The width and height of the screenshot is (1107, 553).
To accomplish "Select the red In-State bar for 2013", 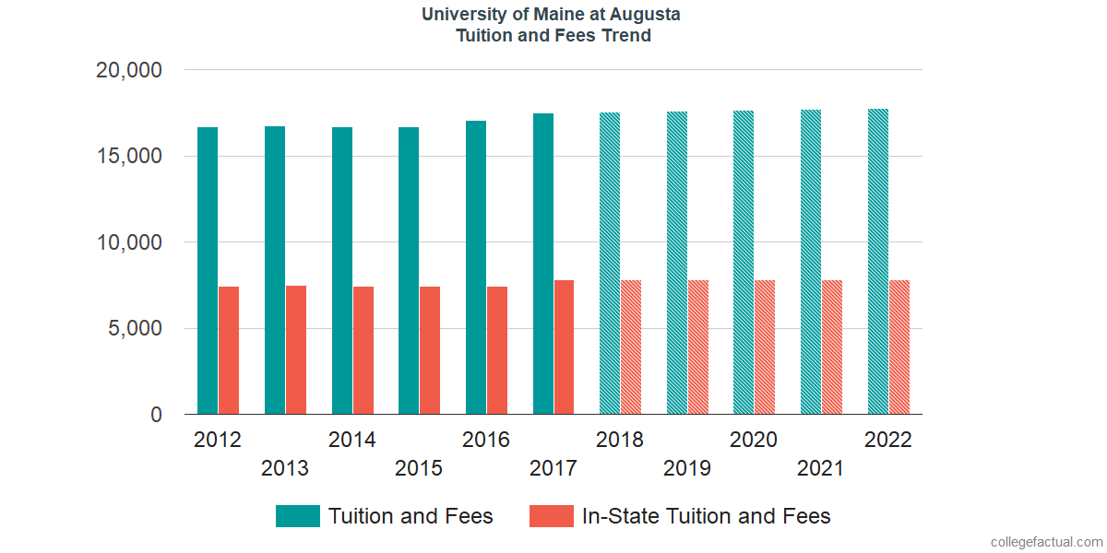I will (295, 350).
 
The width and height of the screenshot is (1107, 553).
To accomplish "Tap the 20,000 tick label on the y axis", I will (129, 70).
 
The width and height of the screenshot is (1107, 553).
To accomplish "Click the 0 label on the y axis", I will (156, 416).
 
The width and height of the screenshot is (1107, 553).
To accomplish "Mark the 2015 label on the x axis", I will (419, 469).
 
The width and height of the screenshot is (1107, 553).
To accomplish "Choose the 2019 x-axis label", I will (687, 469).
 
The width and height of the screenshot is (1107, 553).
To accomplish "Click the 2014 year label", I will (352, 441).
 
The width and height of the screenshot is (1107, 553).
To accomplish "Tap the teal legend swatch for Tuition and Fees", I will (298, 516).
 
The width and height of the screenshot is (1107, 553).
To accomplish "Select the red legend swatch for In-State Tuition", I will (551, 516).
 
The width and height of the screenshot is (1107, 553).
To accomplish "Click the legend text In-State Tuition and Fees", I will (706, 516).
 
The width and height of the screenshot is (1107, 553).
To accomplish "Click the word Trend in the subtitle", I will (626, 36).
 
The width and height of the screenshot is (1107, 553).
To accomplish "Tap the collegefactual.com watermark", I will (1045, 542).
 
